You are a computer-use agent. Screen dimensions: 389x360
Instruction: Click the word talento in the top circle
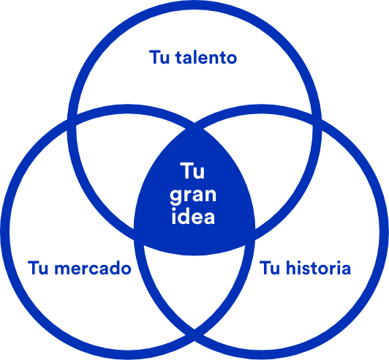pos(206,57)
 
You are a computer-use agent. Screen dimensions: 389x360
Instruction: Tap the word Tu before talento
pos(159,57)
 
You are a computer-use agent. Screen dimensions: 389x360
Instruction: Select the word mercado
pos(93,268)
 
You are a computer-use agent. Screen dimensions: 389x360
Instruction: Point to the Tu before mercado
pos(38,268)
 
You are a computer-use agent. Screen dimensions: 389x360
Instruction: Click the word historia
pos(318,268)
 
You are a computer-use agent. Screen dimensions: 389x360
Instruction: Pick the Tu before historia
pos(270,268)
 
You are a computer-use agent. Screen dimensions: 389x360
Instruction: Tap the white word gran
pos(193,196)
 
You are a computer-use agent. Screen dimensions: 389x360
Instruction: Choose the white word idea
pos(193,217)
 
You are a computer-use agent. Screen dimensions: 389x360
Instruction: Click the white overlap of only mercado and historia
pos(194,285)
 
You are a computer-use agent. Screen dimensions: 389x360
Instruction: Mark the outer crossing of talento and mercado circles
pos(72,119)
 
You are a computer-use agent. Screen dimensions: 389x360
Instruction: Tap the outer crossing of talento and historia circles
pos(317,119)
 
